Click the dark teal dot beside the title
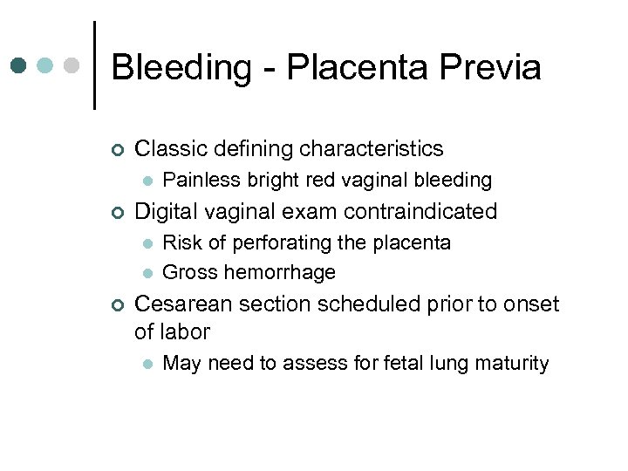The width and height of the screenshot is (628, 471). [19, 65]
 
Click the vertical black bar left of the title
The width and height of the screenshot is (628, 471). [94, 65]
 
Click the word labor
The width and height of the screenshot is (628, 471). [186, 332]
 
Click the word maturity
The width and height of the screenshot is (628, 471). [512, 364]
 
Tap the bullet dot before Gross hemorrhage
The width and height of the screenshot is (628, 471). [147, 273]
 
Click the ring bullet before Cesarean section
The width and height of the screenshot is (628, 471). [118, 305]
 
